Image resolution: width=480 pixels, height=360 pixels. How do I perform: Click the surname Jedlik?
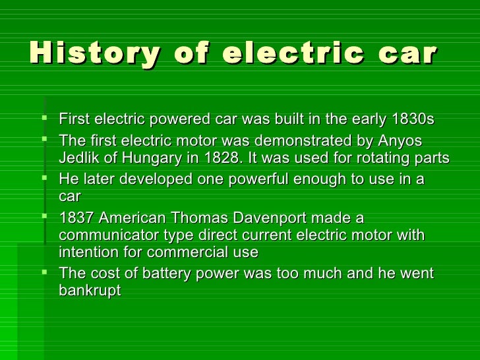coord(78,159)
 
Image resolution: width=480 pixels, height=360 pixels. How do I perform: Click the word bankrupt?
coord(90,291)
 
